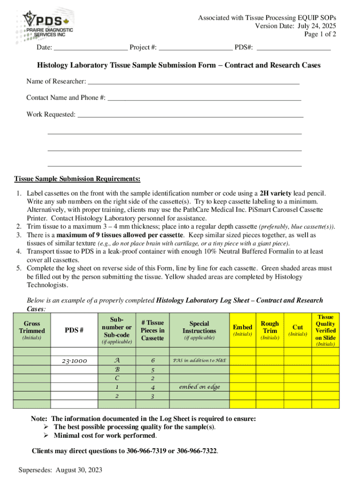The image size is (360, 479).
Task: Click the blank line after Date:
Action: (91, 47)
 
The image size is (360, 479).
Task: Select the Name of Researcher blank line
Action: (193, 82)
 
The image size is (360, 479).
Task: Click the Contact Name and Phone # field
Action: (204, 98)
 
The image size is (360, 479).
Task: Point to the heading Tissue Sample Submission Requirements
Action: (77, 179)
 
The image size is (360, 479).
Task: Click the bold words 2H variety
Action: (276, 193)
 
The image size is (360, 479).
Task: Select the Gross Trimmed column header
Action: (32, 330)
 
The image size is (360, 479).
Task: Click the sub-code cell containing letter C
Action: (116, 378)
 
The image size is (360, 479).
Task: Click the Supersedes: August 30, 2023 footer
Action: (60, 470)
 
